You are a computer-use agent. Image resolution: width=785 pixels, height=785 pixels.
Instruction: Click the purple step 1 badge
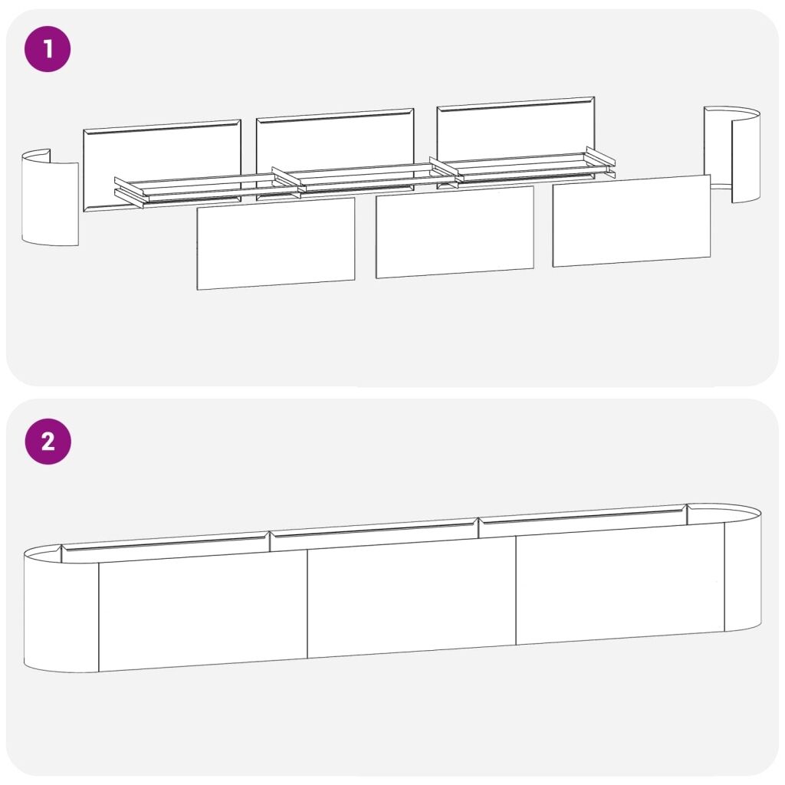click(48, 49)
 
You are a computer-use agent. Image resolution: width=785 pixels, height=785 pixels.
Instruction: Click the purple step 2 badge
click(48, 442)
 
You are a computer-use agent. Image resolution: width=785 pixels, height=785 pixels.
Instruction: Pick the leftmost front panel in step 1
click(276, 243)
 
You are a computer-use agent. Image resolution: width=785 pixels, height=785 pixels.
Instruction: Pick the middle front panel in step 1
click(455, 232)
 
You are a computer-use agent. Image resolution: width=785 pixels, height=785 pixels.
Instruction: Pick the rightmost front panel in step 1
click(632, 221)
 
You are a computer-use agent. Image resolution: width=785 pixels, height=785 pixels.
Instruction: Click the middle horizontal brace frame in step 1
click(366, 179)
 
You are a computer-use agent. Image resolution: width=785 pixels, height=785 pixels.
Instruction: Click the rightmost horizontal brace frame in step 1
click(522, 168)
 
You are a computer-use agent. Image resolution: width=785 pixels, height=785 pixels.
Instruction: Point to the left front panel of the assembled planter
click(202, 611)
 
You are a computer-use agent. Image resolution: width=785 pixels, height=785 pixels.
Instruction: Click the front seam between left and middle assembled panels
click(307, 604)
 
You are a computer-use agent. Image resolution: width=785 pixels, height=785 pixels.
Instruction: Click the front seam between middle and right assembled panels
click(516, 591)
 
